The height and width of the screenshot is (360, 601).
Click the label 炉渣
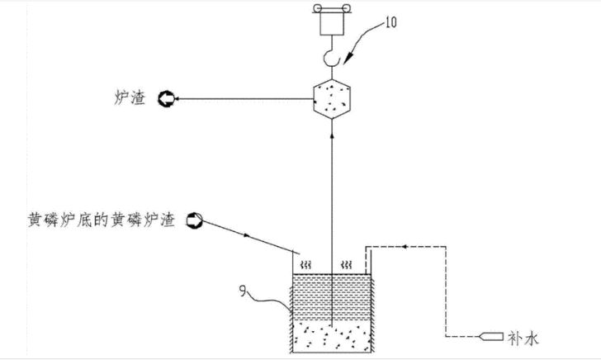(x=130, y=97)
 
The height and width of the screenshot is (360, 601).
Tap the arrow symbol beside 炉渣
(x=167, y=99)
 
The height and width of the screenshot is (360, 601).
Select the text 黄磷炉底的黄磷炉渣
(x=102, y=220)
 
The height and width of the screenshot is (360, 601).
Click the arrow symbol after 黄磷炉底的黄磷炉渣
(x=194, y=220)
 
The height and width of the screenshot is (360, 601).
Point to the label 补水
(x=523, y=339)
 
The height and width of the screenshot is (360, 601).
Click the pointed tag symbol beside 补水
(x=491, y=336)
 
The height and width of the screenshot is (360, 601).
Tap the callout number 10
(x=390, y=21)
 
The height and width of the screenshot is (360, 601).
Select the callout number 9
(x=243, y=291)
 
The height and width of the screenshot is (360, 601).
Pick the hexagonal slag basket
(x=332, y=99)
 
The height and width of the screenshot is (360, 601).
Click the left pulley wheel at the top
(x=318, y=8)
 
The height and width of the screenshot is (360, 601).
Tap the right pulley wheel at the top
(x=346, y=8)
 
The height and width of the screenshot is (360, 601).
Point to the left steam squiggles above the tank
(x=305, y=264)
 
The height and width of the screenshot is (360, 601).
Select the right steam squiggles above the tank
(x=346, y=264)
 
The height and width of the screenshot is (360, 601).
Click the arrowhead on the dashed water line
(x=404, y=247)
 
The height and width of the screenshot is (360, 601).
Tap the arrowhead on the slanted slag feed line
(x=247, y=235)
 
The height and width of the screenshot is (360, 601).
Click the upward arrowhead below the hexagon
(x=332, y=135)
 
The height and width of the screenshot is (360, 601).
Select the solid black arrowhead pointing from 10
(x=348, y=59)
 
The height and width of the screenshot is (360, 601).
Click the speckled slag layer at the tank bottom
(x=332, y=338)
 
